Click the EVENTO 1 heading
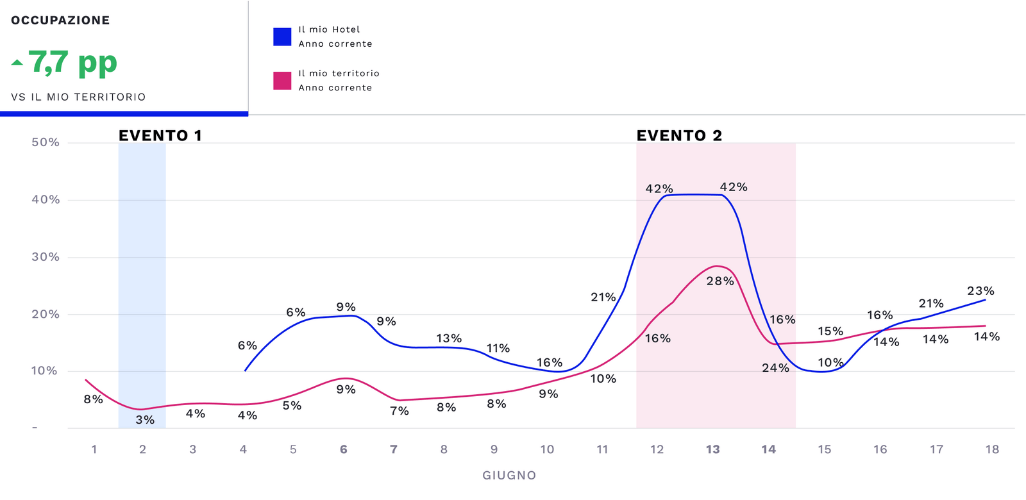point(160,135)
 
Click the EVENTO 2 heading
point(679,135)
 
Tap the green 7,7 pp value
point(73,63)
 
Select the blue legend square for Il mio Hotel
point(282,37)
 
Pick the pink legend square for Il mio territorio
point(282,81)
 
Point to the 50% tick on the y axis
point(46,142)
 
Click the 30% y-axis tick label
point(46,257)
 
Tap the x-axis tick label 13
point(712,449)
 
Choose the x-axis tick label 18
point(992,449)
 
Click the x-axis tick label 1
point(94,449)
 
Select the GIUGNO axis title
point(509,476)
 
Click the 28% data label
point(720,281)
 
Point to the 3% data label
point(145,420)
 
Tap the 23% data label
point(980,291)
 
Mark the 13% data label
point(449,338)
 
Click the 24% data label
point(775,368)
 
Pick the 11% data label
point(498,349)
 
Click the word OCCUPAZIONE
point(60,21)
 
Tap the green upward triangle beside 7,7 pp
point(17,63)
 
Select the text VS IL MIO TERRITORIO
point(78,97)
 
